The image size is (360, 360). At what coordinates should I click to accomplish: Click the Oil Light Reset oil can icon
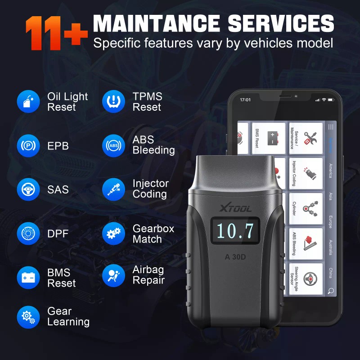28,102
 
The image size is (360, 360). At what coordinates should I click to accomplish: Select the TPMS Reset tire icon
113,102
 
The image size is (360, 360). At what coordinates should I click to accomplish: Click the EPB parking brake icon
28,146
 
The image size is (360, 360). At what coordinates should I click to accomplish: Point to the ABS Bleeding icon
113,146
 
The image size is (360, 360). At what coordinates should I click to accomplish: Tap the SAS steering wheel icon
28,189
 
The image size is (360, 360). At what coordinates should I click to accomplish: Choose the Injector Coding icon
113,189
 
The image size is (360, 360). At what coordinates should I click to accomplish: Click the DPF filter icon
28,234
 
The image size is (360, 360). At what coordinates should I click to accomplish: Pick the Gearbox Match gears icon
113,234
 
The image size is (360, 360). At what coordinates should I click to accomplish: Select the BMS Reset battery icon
28,278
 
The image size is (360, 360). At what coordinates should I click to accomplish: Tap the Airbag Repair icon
113,275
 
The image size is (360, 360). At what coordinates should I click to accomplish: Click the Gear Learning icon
28,317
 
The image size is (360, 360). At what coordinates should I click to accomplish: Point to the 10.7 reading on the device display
235,230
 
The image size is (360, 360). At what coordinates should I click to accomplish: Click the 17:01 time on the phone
245,99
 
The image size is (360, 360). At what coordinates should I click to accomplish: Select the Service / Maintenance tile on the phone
306,138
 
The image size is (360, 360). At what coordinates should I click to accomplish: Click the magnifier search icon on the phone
331,291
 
